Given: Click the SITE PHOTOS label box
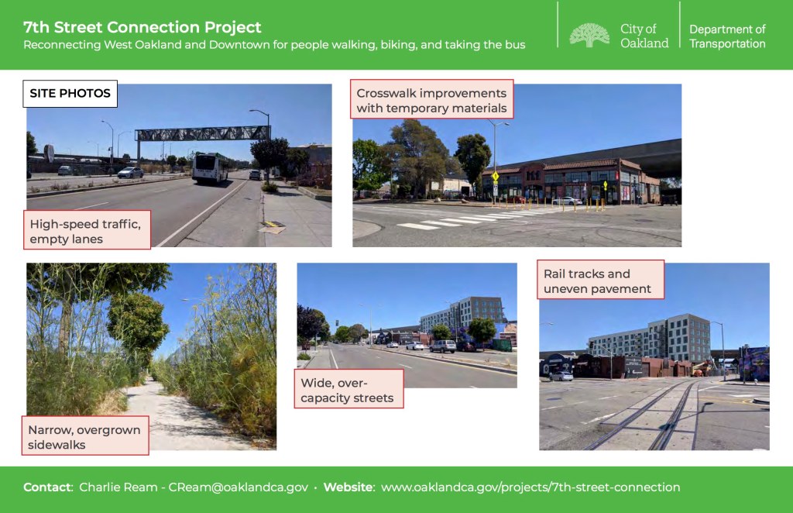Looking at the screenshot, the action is (70, 94).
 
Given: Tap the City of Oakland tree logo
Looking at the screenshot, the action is (589, 35).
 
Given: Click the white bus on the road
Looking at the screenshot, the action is (211, 168).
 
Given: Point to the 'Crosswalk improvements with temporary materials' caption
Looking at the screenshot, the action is (431, 99).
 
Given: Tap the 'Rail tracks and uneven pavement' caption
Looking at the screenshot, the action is (600, 280).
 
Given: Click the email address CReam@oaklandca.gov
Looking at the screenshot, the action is (239, 487).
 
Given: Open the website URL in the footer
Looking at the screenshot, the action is (530, 487).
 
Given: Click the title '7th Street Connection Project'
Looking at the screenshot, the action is (142, 27).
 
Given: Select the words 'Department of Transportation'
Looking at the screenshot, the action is (727, 36).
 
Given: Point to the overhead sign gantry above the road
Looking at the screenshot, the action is (202, 133).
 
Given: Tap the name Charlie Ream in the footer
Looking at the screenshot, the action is (118, 487).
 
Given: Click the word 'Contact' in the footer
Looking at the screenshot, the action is (47, 487).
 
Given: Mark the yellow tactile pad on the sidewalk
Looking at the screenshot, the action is (273, 224).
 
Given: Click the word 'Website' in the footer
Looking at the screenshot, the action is (348, 487).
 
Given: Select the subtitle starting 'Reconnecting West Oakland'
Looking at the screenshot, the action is (274, 45).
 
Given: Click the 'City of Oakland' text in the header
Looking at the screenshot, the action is (644, 36).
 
